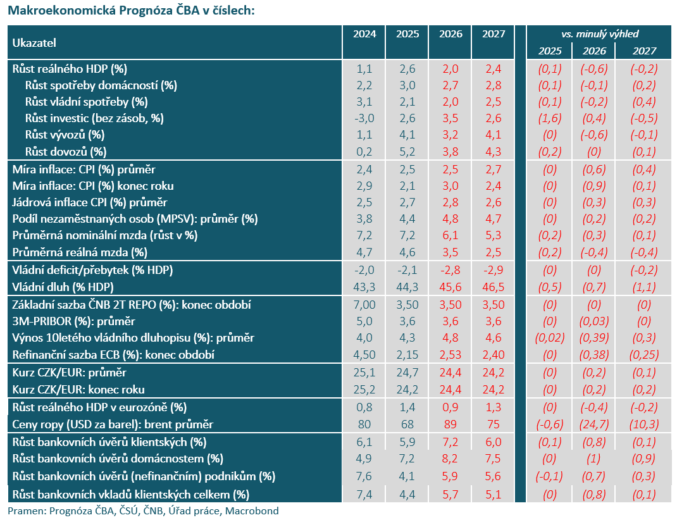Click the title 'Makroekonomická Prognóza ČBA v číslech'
pyautogui.click(x=131, y=10)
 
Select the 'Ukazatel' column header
pyautogui.click(x=34, y=43)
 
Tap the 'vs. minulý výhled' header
pyautogui.click(x=600, y=34)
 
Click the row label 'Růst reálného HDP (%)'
pyautogui.click(x=70, y=69)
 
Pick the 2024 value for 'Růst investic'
pyautogui.click(x=364, y=118)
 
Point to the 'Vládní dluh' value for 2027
pyautogui.click(x=493, y=287)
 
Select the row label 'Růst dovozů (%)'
pyautogui.click(x=66, y=151)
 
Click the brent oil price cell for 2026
pyautogui.click(x=450, y=424)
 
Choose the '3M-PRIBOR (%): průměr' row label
pyautogui.click(x=73, y=321)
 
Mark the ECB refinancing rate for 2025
pyautogui.click(x=407, y=355)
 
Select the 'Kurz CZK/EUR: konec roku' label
pyautogui.click(x=78, y=390)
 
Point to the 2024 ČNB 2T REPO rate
pyautogui.click(x=364, y=305)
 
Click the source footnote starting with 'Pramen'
pyautogui.click(x=144, y=511)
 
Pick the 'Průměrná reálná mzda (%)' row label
pyautogui.click(x=80, y=252)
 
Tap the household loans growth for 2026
pyautogui.click(x=450, y=459)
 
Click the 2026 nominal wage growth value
pyautogui.click(x=450, y=235)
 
